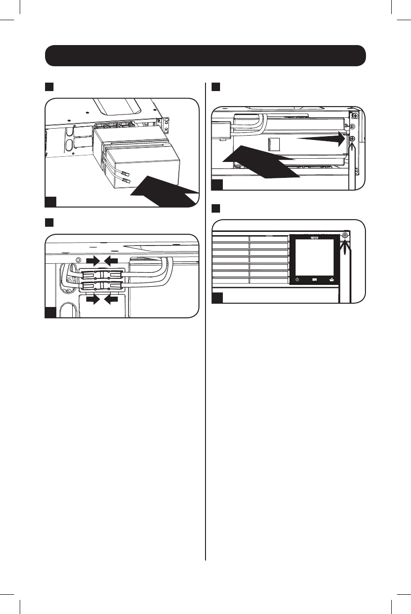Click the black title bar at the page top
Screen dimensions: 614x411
point(205,56)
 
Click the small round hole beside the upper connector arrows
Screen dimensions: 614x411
point(79,260)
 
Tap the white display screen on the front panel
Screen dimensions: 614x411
point(314,258)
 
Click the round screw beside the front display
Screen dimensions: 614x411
point(345,235)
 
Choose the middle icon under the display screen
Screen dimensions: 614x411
point(314,280)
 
